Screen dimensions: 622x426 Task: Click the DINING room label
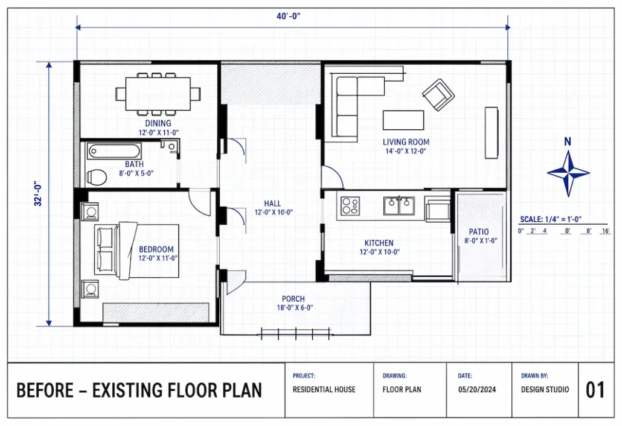click(x=158, y=123)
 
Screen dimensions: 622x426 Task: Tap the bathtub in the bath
click(x=114, y=151)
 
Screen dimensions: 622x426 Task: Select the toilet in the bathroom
click(x=96, y=177)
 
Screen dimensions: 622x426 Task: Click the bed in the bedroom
click(x=136, y=251)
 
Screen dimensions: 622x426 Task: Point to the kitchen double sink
click(x=399, y=205)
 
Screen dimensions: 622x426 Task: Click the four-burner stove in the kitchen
click(x=350, y=206)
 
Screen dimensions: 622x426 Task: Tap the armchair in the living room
click(x=438, y=95)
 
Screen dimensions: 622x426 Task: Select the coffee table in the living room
click(x=403, y=120)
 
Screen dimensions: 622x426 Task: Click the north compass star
click(x=568, y=173)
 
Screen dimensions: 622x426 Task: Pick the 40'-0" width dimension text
click(x=289, y=16)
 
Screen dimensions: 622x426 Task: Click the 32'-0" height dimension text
click(x=38, y=194)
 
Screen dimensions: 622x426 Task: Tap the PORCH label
click(x=293, y=299)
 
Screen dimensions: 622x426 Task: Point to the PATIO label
click(x=479, y=231)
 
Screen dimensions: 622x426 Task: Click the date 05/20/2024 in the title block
click(x=477, y=390)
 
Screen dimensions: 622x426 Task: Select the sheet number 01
click(x=595, y=390)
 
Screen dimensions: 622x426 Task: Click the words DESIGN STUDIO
click(x=545, y=390)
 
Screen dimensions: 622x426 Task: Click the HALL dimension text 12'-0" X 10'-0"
click(x=274, y=213)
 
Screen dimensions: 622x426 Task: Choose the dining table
click(x=158, y=94)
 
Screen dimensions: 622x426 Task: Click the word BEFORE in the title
click(x=45, y=390)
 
